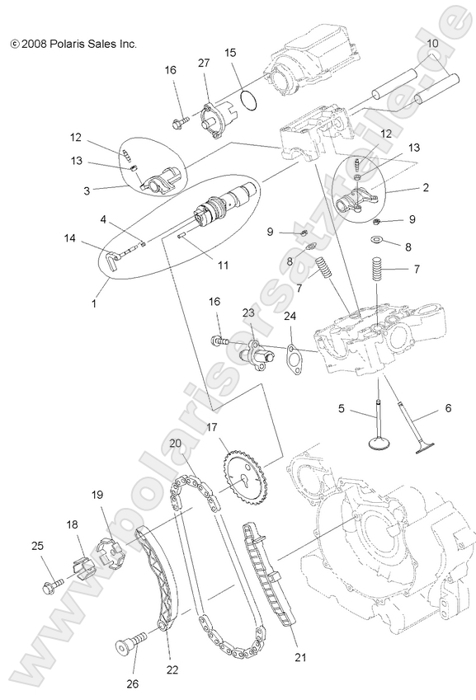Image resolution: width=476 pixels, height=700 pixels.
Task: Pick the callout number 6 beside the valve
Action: [x=447, y=406]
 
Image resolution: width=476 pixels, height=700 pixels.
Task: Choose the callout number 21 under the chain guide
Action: [x=300, y=657]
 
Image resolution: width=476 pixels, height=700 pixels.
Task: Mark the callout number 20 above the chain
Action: [x=175, y=442]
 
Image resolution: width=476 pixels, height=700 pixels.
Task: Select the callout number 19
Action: [x=97, y=495]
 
